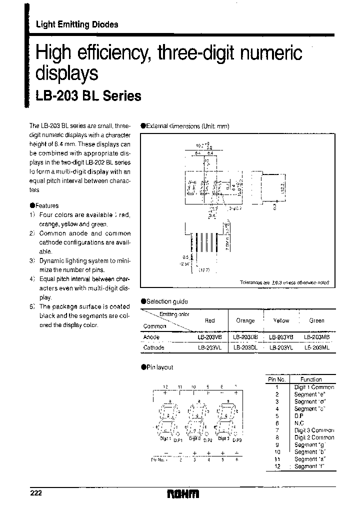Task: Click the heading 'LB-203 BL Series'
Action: tap(88, 96)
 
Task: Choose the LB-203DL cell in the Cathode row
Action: tap(245, 347)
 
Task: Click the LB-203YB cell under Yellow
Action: tap(281, 337)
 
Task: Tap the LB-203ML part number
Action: tap(316, 347)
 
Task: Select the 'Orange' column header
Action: tap(245, 320)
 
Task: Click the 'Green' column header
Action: tap(316, 320)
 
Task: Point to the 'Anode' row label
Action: tap(151, 337)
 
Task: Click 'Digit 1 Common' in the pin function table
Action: tap(314, 387)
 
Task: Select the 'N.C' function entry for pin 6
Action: tap(300, 423)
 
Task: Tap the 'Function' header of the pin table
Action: tap(311, 380)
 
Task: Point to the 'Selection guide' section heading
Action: tap(167, 301)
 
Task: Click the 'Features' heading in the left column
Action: tap(47, 205)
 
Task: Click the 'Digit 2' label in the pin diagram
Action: tap(194, 438)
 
